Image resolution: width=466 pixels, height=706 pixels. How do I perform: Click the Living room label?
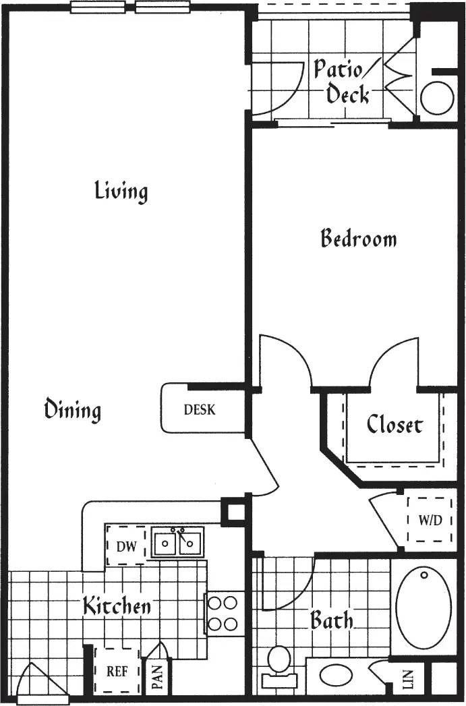[x=121, y=191]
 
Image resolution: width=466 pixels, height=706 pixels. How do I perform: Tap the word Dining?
[x=73, y=409]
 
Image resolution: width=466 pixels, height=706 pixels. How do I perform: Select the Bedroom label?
[x=358, y=239]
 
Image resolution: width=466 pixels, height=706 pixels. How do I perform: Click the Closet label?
[x=395, y=425]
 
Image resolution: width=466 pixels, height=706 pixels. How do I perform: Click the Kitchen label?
[x=117, y=606]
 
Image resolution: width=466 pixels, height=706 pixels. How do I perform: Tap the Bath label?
[x=331, y=620]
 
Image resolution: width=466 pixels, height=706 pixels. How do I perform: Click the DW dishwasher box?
[x=126, y=546]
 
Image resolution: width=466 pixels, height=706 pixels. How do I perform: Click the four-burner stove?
[x=225, y=613]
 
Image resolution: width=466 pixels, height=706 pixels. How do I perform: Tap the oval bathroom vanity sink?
[x=335, y=675]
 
